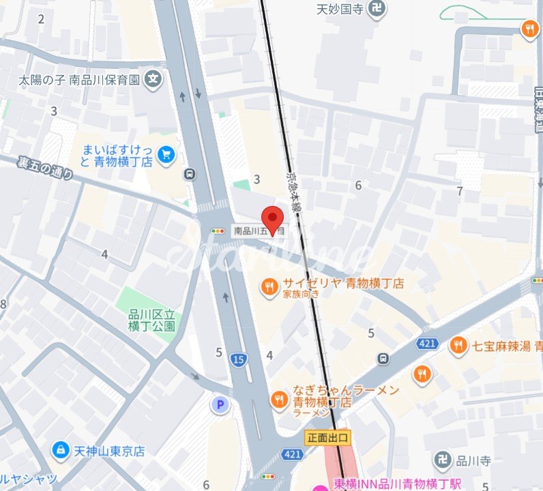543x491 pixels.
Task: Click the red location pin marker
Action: [273, 219]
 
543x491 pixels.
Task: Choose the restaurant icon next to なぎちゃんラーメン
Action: [278, 400]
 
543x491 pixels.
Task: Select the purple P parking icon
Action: [220, 406]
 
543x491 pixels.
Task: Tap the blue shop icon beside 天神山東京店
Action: [61, 451]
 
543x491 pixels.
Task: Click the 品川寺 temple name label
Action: [475, 460]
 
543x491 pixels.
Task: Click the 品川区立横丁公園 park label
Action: [152, 320]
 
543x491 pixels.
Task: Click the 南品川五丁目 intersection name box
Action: [259, 231]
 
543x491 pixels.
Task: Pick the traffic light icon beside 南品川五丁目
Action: [218, 231]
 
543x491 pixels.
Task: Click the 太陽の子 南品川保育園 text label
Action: [80, 80]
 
